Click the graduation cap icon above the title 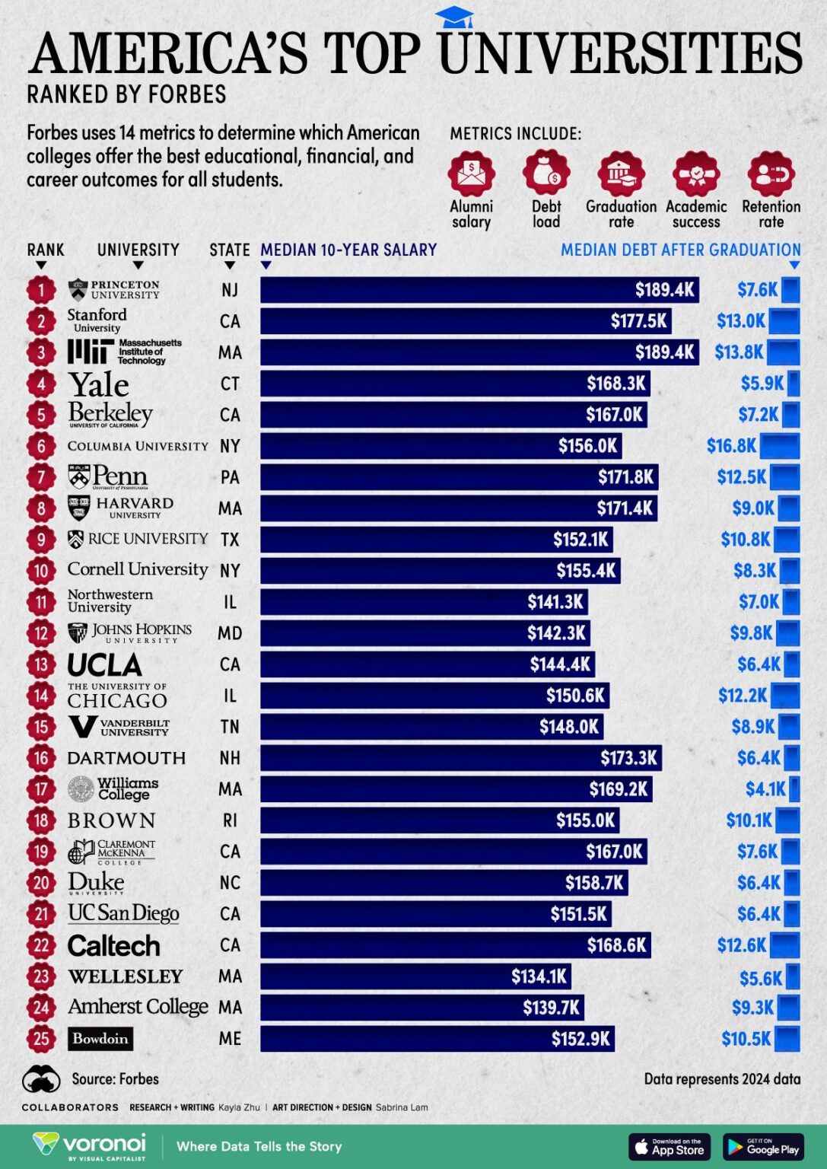454,17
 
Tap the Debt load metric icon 546,173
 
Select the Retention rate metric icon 771,173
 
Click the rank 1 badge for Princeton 41,290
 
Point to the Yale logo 98,384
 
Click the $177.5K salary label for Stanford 638,321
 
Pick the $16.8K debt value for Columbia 731,446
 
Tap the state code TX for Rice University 230,540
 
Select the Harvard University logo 121,508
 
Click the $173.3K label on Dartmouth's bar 628,758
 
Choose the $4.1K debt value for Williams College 765,789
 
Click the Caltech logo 114,945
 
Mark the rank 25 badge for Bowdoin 41,1039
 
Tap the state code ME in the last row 230,1039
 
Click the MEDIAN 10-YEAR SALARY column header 348,250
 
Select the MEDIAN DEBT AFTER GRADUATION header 680,250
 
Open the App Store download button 669,1146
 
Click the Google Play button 762,1146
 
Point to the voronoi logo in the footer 90,1145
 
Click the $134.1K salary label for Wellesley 539,976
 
